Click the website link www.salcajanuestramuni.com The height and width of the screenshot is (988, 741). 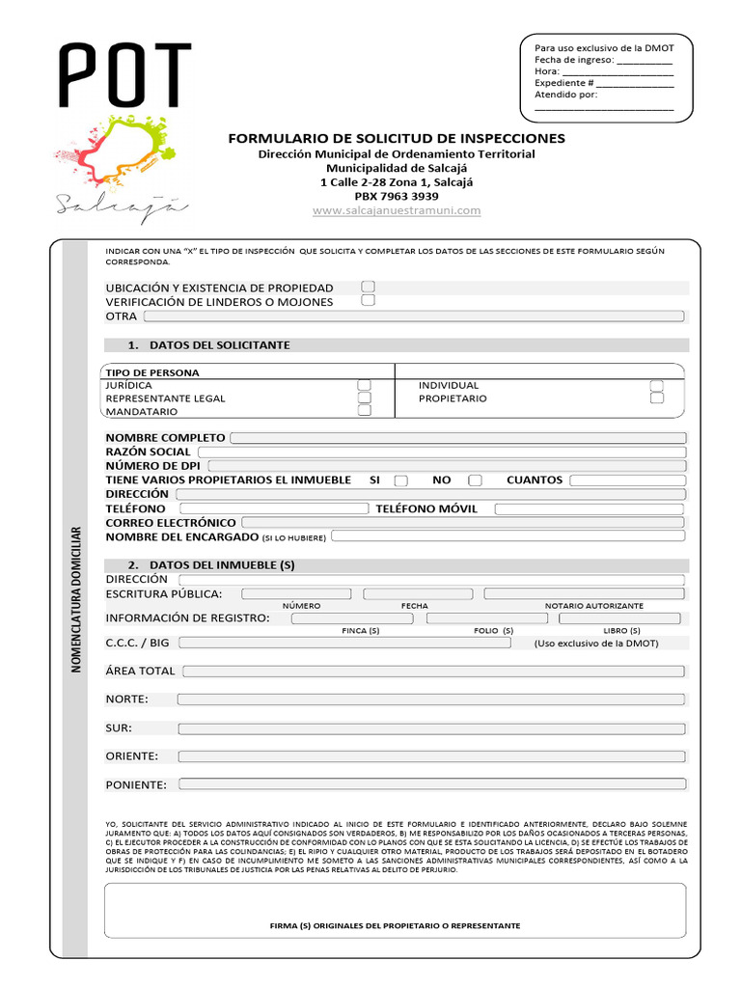click(397, 210)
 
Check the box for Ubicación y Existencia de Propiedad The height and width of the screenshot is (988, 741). click(368, 287)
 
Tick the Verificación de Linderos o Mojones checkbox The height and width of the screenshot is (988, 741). click(368, 301)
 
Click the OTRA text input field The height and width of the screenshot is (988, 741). click(414, 316)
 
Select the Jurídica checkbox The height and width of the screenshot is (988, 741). click(365, 385)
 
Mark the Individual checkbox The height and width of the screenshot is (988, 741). click(657, 385)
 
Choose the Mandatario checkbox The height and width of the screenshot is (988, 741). click(365, 410)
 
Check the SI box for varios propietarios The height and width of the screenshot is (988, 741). click(401, 480)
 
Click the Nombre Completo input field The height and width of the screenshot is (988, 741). click(457, 438)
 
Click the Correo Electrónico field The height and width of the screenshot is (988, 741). click(462, 522)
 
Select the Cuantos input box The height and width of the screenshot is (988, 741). click(626, 480)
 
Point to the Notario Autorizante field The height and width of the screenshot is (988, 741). click(584, 593)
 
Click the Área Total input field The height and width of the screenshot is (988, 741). click(434, 671)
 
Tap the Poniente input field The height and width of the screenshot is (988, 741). click(431, 784)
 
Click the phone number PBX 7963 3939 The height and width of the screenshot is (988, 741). click(397, 196)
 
